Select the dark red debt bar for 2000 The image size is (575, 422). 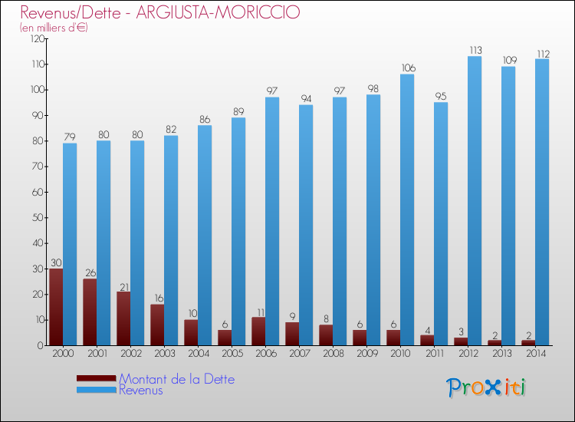click(x=56, y=307)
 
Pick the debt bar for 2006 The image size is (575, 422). click(x=258, y=331)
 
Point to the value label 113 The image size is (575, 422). click(x=475, y=51)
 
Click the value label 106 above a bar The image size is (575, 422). click(x=407, y=68)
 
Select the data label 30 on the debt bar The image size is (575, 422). click(x=56, y=263)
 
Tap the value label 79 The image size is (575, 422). click(x=70, y=137)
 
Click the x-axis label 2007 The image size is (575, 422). click(x=299, y=354)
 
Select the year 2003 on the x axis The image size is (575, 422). click(x=164, y=354)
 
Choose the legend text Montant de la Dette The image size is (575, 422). click(x=176, y=379)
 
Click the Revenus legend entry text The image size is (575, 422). click(x=141, y=391)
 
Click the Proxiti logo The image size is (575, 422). click(x=486, y=387)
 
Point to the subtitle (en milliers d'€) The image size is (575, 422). click(x=54, y=28)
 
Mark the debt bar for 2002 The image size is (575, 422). click(x=123, y=318)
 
